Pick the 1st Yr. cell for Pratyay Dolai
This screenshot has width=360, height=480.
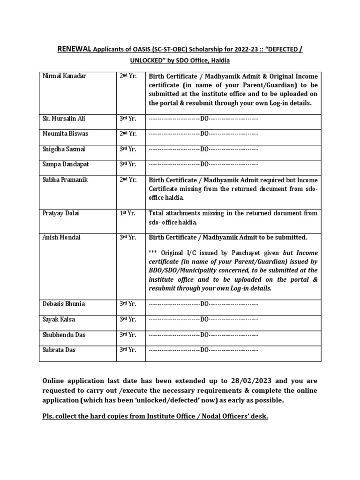click(127, 213)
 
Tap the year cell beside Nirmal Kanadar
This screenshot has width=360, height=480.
click(128, 76)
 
